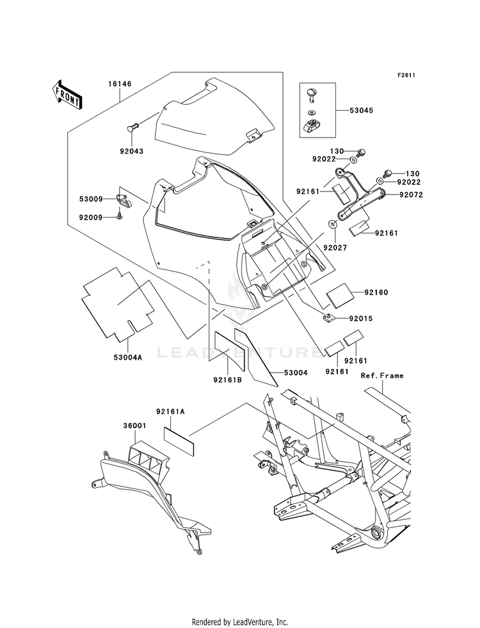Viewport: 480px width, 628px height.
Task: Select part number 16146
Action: [119, 84]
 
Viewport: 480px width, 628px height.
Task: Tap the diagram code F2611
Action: [406, 75]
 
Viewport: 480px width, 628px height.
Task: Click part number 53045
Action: [361, 110]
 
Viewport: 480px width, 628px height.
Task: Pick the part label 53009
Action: [91, 199]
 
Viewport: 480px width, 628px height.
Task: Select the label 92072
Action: [411, 195]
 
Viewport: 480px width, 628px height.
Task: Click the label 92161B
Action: [227, 380]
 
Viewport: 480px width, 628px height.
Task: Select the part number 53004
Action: [296, 373]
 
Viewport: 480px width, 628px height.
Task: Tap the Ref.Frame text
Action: [382, 376]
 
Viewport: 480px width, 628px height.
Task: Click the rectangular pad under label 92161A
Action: [179, 441]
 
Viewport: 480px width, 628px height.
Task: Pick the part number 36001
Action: [134, 426]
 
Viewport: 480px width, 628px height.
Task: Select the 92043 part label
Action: [131, 151]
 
